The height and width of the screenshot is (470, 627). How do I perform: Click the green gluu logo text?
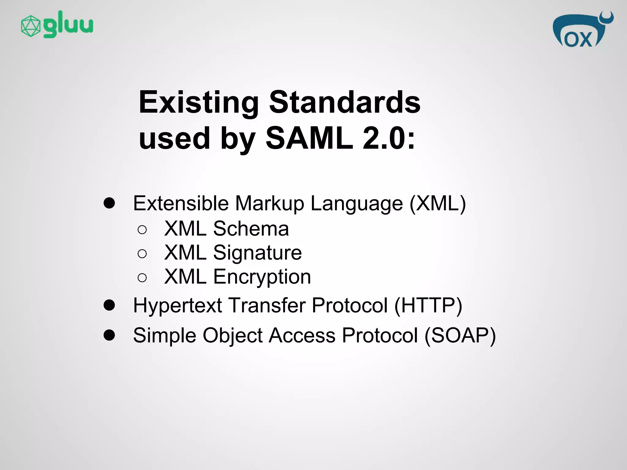[68, 24]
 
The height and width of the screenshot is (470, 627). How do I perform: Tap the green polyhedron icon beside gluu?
[31, 26]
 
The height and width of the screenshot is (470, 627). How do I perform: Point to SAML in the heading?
[309, 138]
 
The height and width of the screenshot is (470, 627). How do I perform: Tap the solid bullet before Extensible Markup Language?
[109, 203]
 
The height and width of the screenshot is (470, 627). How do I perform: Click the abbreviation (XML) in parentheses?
[437, 203]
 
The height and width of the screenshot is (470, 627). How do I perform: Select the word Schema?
[251, 229]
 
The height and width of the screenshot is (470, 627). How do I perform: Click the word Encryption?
[262, 277]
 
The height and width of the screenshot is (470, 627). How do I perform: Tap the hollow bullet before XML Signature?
[142, 254]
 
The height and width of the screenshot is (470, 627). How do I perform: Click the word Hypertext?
[177, 306]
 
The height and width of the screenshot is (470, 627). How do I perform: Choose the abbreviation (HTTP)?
[428, 305]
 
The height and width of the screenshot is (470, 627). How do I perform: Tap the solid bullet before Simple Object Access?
[109, 335]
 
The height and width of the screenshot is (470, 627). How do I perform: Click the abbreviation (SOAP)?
[460, 335]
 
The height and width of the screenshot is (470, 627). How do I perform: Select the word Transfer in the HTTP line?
[267, 305]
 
